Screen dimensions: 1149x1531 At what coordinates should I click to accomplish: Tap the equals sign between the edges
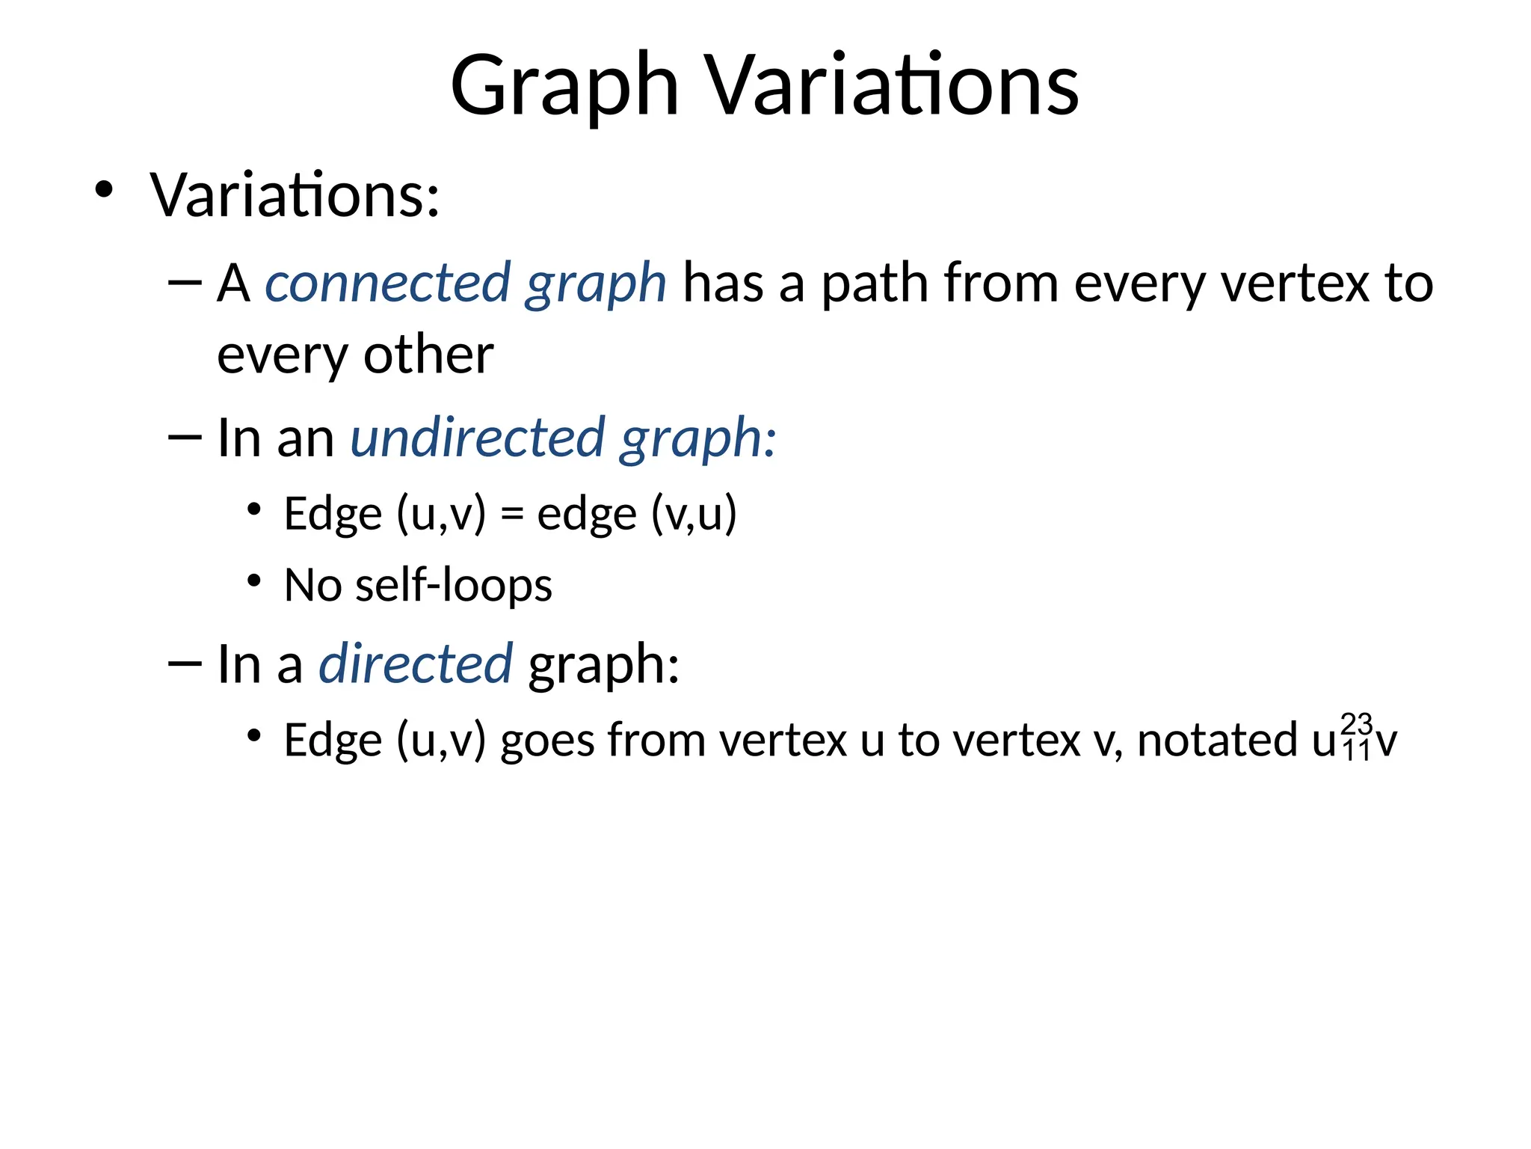point(511,515)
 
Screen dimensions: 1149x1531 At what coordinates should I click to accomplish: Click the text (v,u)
point(694,515)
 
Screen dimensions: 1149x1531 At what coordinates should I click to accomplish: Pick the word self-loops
point(454,585)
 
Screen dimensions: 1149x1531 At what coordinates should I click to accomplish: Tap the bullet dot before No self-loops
point(254,580)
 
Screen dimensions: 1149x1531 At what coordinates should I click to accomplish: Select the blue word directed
point(416,664)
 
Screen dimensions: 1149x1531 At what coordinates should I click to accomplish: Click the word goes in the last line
point(547,741)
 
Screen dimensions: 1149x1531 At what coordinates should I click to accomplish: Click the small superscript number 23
point(1356,723)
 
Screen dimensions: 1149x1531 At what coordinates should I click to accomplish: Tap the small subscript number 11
point(1356,751)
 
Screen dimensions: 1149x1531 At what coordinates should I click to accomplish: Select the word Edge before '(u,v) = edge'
point(333,515)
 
